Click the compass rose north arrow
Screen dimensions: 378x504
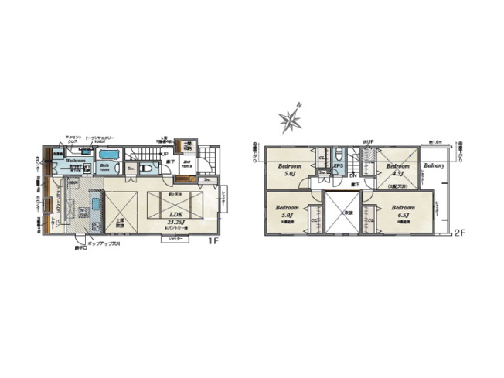pos(292,119)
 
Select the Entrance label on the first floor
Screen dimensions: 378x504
pos(186,162)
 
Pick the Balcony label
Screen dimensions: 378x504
pos(432,165)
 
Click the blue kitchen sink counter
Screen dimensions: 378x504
pos(94,206)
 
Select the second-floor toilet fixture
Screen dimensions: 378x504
pos(337,152)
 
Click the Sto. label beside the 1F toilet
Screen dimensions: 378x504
pos(131,166)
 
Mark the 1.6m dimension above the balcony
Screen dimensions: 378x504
pos(434,143)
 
